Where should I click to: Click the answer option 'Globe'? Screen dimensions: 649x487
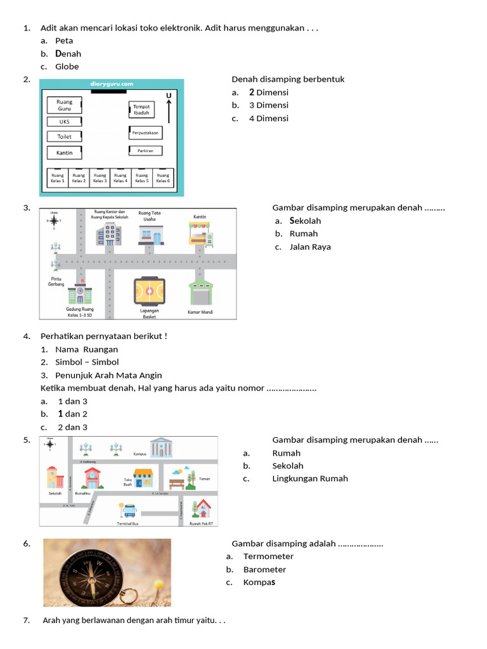pyautogui.click(x=67, y=67)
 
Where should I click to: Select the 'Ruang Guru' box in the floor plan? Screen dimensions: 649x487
pyautogui.click(x=64, y=105)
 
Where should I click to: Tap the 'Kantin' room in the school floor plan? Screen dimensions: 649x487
pyautogui.click(x=64, y=153)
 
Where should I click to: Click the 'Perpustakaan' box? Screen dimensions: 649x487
pyautogui.click(x=145, y=133)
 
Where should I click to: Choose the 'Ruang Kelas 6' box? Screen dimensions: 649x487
pyautogui.click(x=163, y=178)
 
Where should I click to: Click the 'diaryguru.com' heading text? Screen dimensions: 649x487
pyautogui.click(x=112, y=84)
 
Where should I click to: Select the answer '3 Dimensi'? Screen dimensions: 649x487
pyautogui.click(x=268, y=105)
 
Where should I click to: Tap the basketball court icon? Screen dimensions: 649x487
pyautogui.click(x=149, y=292)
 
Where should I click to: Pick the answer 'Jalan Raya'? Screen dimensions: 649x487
pyautogui.click(x=310, y=247)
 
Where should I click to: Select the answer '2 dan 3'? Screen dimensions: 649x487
pyautogui.click(x=72, y=427)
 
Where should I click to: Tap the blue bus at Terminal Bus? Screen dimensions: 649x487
pyautogui.click(x=131, y=510)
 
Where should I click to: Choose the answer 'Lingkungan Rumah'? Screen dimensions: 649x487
pyautogui.click(x=310, y=479)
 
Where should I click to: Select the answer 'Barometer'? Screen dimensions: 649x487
pyautogui.click(x=264, y=570)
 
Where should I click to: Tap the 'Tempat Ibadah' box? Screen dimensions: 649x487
pyautogui.click(x=141, y=110)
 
